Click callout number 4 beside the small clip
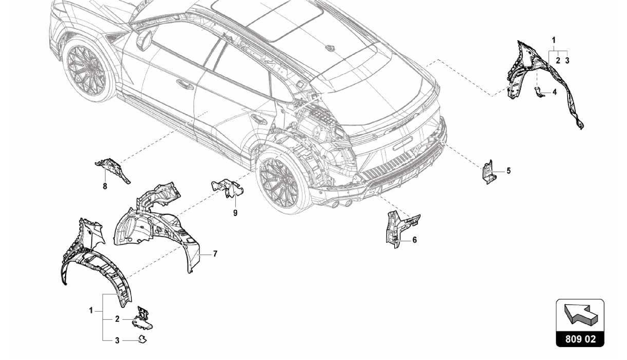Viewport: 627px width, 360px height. [x=554, y=92]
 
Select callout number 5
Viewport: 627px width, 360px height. [x=509, y=171]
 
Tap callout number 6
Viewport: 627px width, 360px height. [x=415, y=240]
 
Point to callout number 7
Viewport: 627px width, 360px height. [x=215, y=254]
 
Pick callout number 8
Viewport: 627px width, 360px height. [x=105, y=186]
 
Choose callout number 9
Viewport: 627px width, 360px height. [x=235, y=213]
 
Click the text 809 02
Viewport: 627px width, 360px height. [x=580, y=339]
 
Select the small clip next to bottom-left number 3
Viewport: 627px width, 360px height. [x=142, y=339]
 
